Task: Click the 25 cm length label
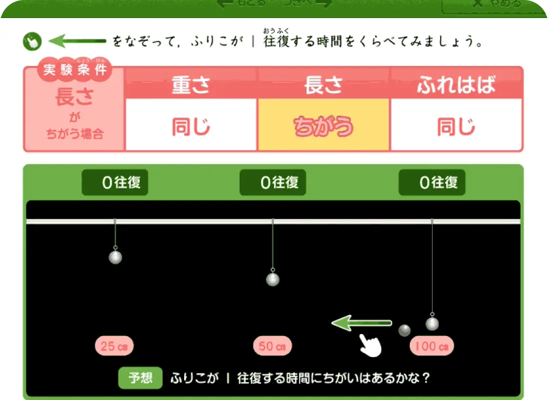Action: point(114,346)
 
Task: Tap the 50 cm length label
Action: point(273,346)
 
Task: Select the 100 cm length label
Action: point(432,346)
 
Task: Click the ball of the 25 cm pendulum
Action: point(115,257)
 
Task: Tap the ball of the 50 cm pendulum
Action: point(273,279)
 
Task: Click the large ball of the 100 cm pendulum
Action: point(432,323)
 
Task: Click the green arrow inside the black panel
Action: point(362,323)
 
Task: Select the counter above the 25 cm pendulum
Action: point(115,182)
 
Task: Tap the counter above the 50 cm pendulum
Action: point(273,182)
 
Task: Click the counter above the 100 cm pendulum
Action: point(432,182)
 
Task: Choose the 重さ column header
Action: point(191,85)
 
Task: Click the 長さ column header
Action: point(323,85)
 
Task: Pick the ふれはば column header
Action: point(456,85)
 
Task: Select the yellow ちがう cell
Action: point(323,125)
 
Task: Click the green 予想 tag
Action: point(141,378)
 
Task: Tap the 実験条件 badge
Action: point(75,69)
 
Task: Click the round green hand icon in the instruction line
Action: point(32,41)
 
